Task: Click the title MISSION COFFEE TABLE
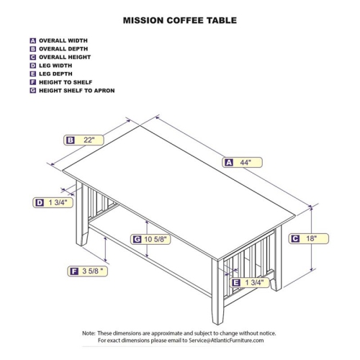[x=179, y=21]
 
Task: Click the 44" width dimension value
[x=246, y=163]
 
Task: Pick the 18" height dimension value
[x=312, y=238]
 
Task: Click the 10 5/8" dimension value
[x=156, y=239]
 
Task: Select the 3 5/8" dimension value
[x=93, y=271]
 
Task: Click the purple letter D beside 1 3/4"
[x=40, y=203]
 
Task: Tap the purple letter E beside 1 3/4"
[x=236, y=283]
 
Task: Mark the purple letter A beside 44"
[x=229, y=163]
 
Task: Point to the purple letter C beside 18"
[x=295, y=238]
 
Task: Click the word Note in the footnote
[x=89, y=333]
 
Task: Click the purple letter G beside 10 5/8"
[x=136, y=239]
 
